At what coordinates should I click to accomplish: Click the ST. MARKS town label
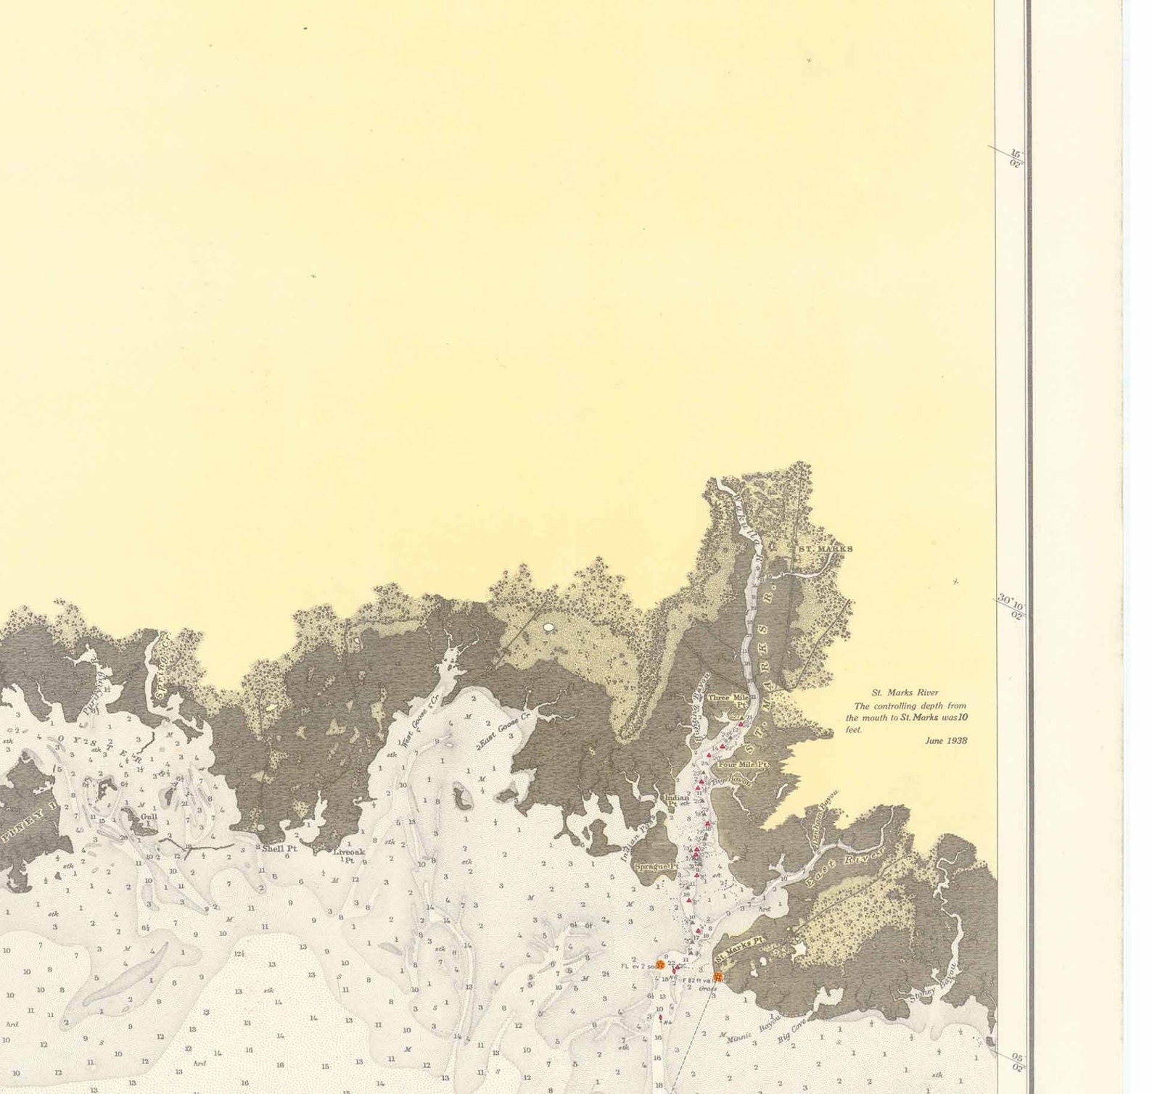point(825,549)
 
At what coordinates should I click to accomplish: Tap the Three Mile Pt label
point(728,700)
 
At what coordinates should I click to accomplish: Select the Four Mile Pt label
point(742,764)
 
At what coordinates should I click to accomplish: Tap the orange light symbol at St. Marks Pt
point(717,977)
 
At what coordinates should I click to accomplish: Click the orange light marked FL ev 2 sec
point(660,964)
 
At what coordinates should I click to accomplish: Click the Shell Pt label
point(279,848)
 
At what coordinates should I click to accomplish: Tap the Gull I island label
point(149,816)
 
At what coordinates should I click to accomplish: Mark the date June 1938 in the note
point(946,741)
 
